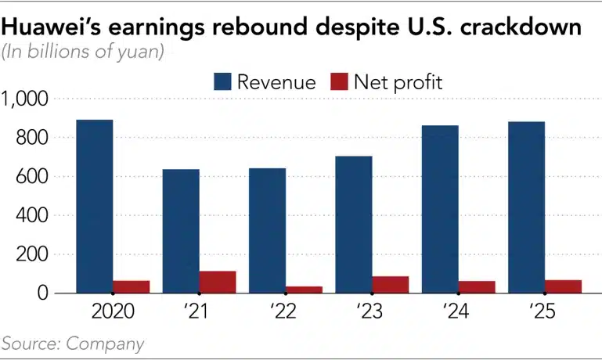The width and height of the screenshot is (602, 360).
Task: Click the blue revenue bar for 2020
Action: click(x=95, y=207)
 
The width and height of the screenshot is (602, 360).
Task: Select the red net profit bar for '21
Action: click(x=218, y=282)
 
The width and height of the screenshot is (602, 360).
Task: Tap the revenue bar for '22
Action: click(x=267, y=231)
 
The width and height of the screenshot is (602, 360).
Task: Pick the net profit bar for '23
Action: click(x=390, y=285)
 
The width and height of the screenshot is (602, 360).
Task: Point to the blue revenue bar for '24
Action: click(x=440, y=210)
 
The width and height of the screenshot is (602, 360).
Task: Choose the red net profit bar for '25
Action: click(x=563, y=286)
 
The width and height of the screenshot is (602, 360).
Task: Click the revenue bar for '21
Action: click(x=181, y=232)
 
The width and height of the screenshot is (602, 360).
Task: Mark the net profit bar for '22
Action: click(x=304, y=290)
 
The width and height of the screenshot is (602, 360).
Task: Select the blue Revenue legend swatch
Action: click(x=222, y=81)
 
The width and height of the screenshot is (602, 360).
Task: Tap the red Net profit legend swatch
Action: click(x=340, y=81)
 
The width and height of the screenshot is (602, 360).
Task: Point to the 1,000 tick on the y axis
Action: click(x=24, y=99)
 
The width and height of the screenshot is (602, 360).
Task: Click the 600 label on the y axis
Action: click(x=32, y=177)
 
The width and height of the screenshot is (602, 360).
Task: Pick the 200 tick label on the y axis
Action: click(x=32, y=254)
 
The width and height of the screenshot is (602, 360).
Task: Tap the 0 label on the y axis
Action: click(x=43, y=293)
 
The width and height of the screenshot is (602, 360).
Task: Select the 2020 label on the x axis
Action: click(x=113, y=311)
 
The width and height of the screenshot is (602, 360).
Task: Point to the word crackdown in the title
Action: click(x=521, y=27)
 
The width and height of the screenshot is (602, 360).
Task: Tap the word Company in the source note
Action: click(x=105, y=344)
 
